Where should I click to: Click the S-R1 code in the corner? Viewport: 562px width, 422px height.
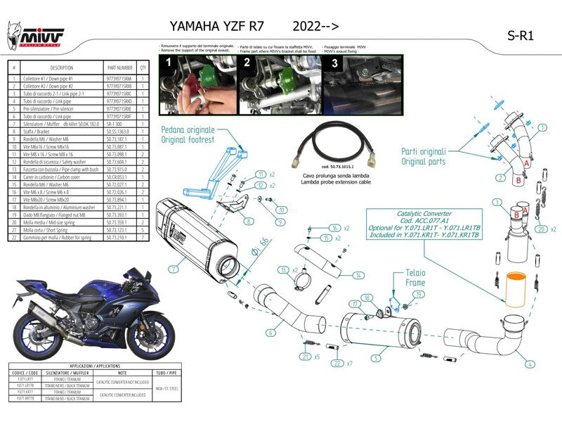(520, 37)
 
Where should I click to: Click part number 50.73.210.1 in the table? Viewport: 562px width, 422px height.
(118, 238)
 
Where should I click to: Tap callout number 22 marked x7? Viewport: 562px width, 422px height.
(338, 363)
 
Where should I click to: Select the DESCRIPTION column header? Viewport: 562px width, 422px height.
(62, 68)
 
